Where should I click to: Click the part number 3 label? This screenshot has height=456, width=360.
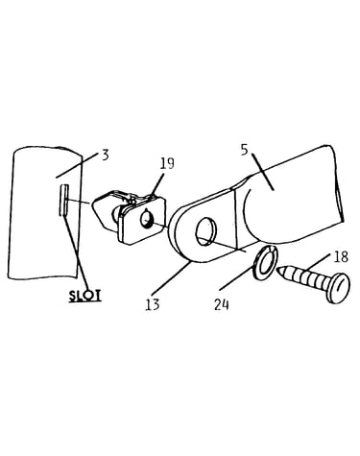point(106,156)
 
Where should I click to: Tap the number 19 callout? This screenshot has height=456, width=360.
point(167,163)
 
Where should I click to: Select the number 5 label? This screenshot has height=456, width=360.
point(245,150)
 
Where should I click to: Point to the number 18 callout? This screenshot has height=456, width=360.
point(341,257)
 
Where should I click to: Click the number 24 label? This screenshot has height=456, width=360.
point(222,304)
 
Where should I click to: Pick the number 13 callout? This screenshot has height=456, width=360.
point(153,304)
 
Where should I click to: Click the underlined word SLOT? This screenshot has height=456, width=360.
point(85,296)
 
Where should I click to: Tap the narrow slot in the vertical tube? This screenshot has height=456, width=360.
point(63,200)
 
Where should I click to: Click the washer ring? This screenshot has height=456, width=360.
point(265,263)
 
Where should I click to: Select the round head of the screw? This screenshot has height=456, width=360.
point(337,288)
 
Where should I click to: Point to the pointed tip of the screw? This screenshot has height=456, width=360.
point(278,271)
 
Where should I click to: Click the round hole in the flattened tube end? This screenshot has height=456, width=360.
point(206,231)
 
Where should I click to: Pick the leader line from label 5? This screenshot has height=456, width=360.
point(262,172)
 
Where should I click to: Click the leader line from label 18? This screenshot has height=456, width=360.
point(320,261)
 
